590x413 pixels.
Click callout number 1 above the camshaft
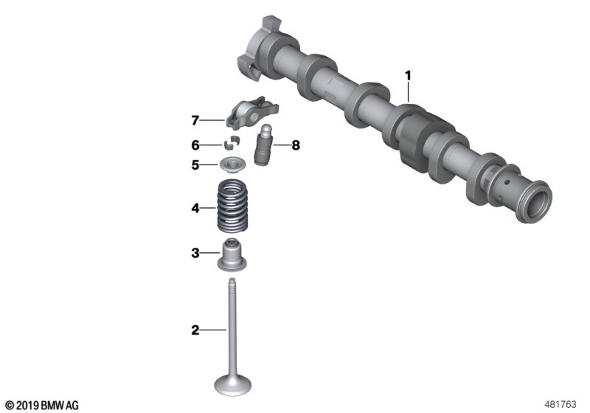(x=409, y=76)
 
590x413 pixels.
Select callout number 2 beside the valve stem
(x=195, y=330)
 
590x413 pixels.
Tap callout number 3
(x=195, y=253)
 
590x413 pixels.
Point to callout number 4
(x=195, y=208)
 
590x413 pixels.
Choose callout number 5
(x=195, y=164)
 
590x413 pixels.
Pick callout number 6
(x=195, y=145)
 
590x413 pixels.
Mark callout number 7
(x=195, y=121)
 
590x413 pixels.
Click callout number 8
(x=296, y=145)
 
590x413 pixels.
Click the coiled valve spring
(x=233, y=205)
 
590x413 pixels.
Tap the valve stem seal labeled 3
(x=232, y=254)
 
